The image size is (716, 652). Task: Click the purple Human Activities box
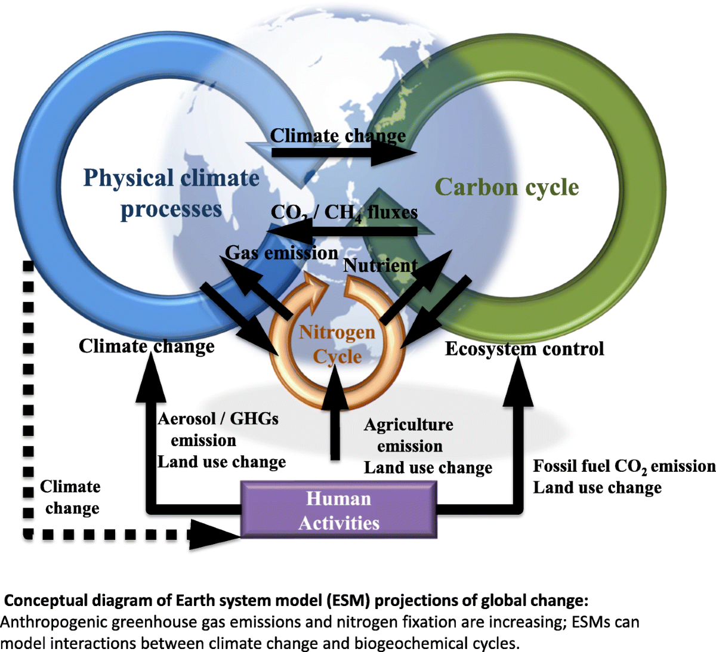coord(338,510)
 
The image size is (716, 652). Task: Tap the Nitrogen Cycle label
coord(337,344)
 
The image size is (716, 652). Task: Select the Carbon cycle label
coord(507,187)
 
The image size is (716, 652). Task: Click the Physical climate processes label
coord(171,193)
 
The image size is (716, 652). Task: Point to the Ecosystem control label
coord(524,349)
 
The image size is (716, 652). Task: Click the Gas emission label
coord(282,253)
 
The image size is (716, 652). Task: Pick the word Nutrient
coord(381,265)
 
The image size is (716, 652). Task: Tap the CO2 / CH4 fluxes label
coord(344,212)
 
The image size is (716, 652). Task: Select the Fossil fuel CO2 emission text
coord(624,466)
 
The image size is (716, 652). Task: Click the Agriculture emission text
coord(409,435)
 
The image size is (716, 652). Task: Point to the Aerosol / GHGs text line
coord(218,419)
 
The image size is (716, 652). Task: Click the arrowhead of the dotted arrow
coord(215,533)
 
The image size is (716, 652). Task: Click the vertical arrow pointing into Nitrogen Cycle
coord(335,412)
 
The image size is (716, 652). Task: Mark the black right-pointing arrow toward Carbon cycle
coord(343,153)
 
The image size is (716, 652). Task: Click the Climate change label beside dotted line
coord(70,497)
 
